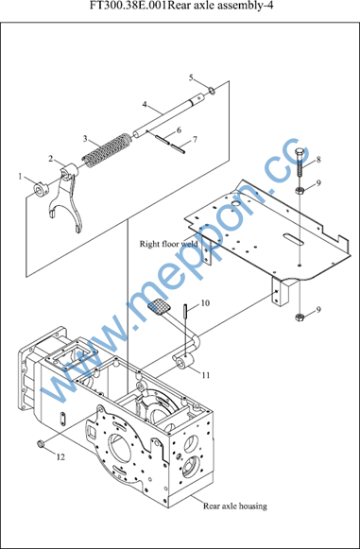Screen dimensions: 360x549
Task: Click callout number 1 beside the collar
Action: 20,177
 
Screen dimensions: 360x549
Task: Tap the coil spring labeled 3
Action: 106,149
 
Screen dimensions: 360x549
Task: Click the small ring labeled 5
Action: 212,91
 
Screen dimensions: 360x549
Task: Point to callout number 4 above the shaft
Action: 145,104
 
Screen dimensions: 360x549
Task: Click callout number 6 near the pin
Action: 179,130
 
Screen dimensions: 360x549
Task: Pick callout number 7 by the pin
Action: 195,139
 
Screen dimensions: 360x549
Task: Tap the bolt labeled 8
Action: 300,163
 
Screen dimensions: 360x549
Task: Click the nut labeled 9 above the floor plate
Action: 300,191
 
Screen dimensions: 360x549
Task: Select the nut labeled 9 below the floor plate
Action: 300,317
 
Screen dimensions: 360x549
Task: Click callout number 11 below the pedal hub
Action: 206,375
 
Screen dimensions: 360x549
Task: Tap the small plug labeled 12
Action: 40,444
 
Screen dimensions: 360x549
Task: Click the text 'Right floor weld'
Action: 168,244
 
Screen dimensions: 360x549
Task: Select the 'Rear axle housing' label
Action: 235,506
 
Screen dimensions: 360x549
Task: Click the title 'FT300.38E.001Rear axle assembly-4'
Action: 181,6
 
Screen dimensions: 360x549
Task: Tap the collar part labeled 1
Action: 41,189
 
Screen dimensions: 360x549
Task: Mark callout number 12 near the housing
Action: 60,457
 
